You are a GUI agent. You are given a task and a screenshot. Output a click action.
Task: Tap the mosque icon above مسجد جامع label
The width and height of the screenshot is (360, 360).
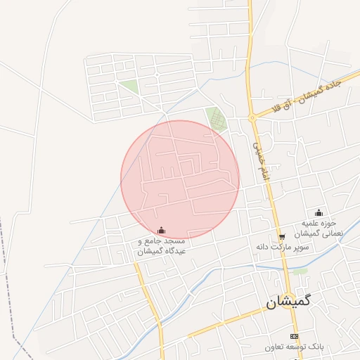[162, 230]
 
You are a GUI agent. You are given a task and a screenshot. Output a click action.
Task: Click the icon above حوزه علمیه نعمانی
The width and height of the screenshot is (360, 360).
[319, 213]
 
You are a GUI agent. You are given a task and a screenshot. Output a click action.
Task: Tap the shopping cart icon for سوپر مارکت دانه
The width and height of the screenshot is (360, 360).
[282, 238]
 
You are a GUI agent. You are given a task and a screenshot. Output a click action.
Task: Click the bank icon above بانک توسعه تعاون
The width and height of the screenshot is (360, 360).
[294, 336]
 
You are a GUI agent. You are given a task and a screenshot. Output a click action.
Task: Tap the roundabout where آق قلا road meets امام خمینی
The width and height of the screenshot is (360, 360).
[251, 117]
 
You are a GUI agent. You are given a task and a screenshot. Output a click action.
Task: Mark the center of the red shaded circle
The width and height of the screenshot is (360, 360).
[180, 179]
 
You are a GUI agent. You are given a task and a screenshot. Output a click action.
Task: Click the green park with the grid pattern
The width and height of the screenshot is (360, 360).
[217, 119]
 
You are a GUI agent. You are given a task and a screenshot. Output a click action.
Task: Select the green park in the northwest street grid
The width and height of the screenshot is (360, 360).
[129, 87]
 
